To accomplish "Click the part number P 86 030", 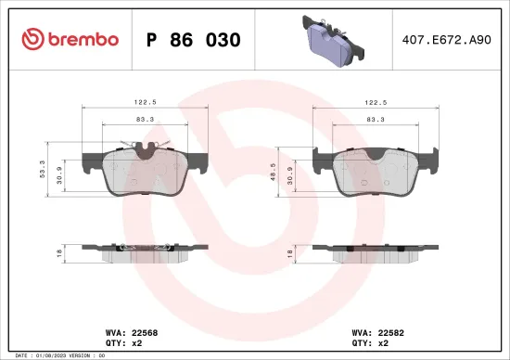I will (194, 40).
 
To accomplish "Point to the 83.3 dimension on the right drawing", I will (376, 120).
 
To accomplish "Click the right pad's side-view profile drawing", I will (376, 250).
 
